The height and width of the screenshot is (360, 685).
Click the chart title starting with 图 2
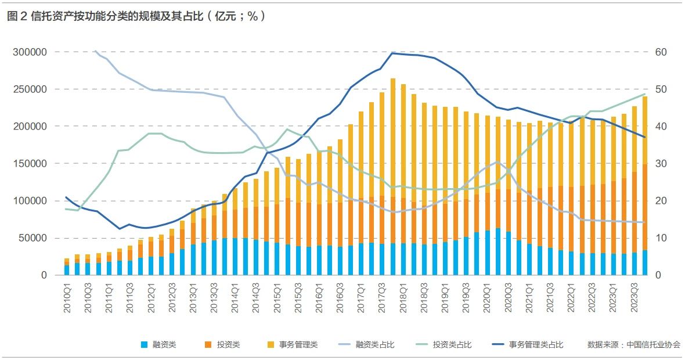pos(136,17)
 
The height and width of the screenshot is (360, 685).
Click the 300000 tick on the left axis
pos(30,52)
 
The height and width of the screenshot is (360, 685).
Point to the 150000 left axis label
pos(30,164)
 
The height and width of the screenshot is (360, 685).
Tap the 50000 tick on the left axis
pos(33,239)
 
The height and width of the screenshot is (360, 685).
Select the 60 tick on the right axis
pos(661,52)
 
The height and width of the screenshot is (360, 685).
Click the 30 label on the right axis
pos(661,164)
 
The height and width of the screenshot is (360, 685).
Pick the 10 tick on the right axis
pos(661,239)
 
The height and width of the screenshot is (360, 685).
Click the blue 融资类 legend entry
pos(158,345)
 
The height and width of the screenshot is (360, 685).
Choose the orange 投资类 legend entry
pos(222,345)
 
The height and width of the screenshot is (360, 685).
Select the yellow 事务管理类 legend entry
pos(293,345)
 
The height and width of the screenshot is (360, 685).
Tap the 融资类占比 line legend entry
pos(366,345)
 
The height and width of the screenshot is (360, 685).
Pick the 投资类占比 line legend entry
pos(444,345)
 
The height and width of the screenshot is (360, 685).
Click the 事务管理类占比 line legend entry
pos(528,345)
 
